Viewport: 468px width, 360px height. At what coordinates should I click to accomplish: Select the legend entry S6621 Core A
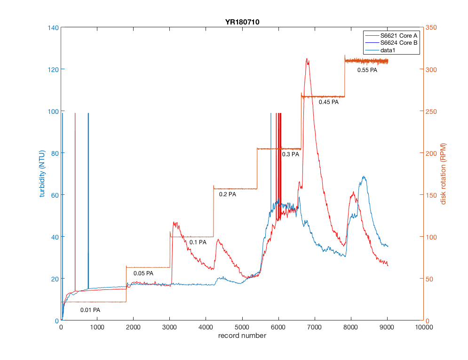(399, 36)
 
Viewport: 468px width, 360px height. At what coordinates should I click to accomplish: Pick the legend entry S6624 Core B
(399, 43)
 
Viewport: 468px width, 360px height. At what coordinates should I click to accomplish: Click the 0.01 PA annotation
(90, 310)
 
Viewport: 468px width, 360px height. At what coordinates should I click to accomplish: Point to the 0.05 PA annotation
(143, 273)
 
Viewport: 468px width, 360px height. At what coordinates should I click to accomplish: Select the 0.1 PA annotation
(198, 242)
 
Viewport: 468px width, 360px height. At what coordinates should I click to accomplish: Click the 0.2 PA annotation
(227, 194)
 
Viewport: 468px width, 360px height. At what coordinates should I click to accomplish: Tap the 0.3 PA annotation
(291, 154)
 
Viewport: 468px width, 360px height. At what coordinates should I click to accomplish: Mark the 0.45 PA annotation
(328, 102)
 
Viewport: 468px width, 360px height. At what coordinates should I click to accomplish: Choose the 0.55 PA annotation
(367, 70)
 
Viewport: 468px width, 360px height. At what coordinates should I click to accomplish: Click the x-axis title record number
(242, 336)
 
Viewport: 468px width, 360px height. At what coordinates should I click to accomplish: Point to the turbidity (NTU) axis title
(42, 174)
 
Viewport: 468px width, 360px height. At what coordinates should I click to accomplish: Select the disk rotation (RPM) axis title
(443, 174)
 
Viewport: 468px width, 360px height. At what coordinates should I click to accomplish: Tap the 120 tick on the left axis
(52, 69)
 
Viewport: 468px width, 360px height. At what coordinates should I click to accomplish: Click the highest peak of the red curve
(307, 59)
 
